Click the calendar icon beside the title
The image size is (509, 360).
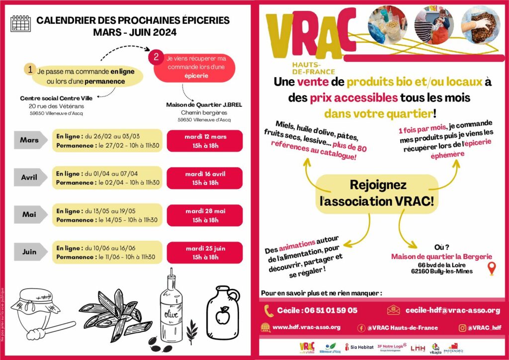click(x=20, y=23)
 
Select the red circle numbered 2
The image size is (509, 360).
click(x=156, y=57)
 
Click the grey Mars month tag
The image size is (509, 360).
click(x=30, y=140)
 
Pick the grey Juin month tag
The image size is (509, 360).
click(x=30, y=252)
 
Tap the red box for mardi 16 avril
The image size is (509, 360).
click(x=205, y=178)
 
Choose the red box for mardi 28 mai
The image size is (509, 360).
click(x=205, y=215)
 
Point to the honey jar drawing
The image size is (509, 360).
click(x=33, y=306)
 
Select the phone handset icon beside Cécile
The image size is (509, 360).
click(x=269, y=310)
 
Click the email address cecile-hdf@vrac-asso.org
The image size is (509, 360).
click(x=452, y=310)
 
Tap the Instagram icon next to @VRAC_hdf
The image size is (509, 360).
click(x=462, y=328)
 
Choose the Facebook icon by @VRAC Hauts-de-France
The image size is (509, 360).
click(x=361, y=328)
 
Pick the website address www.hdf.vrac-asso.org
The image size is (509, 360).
click(x=306, y=327)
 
